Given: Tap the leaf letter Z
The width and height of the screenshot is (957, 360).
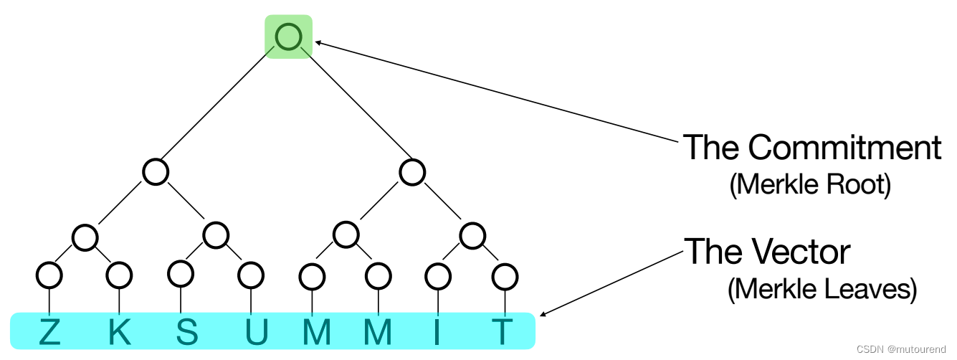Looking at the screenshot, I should pyautogui.click(x=49, y=332).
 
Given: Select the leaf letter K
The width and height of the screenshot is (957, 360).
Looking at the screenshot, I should pyautogui.click(x=119, y=332).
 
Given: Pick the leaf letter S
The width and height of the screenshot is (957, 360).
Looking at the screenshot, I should pyautogui.click(x=186, y=332).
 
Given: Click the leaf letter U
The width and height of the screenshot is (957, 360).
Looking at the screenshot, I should pyautogui.click(x=255, y=332).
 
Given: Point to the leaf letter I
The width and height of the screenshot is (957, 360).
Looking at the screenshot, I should pyautogui.click(x=437, y=332).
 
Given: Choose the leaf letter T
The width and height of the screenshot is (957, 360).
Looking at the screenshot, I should pyautogui.click(x=503, y=332).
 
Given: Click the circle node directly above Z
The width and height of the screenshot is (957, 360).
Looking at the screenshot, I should pyautogui.click(x=49, y=274).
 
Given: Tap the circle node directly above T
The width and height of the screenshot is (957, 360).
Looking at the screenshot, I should pyautogui.click(x=505, y=274).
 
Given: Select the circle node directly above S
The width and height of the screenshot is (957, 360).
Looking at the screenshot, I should pyautogui.click(x=181, y=273).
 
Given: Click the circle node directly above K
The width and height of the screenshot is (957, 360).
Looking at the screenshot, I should pyautogui.click(x=119, y=274).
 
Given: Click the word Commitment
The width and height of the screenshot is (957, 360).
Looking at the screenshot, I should pyautogui.click(x=844, y=148).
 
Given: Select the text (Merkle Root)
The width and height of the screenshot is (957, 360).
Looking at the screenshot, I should pyautogui.click(x=810, y=185).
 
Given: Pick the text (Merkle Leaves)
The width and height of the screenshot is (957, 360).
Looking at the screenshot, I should pyautogui.click(x=822, y=290).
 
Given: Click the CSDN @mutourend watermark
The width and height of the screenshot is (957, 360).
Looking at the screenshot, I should pyautogui.click(x=905, y=349).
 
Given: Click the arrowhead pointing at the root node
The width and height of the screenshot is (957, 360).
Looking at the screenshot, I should pyautogui.click(x=320, y=44).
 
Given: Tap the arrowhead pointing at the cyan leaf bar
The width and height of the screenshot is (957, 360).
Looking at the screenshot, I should pyautogui.click(x=543, y=313).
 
